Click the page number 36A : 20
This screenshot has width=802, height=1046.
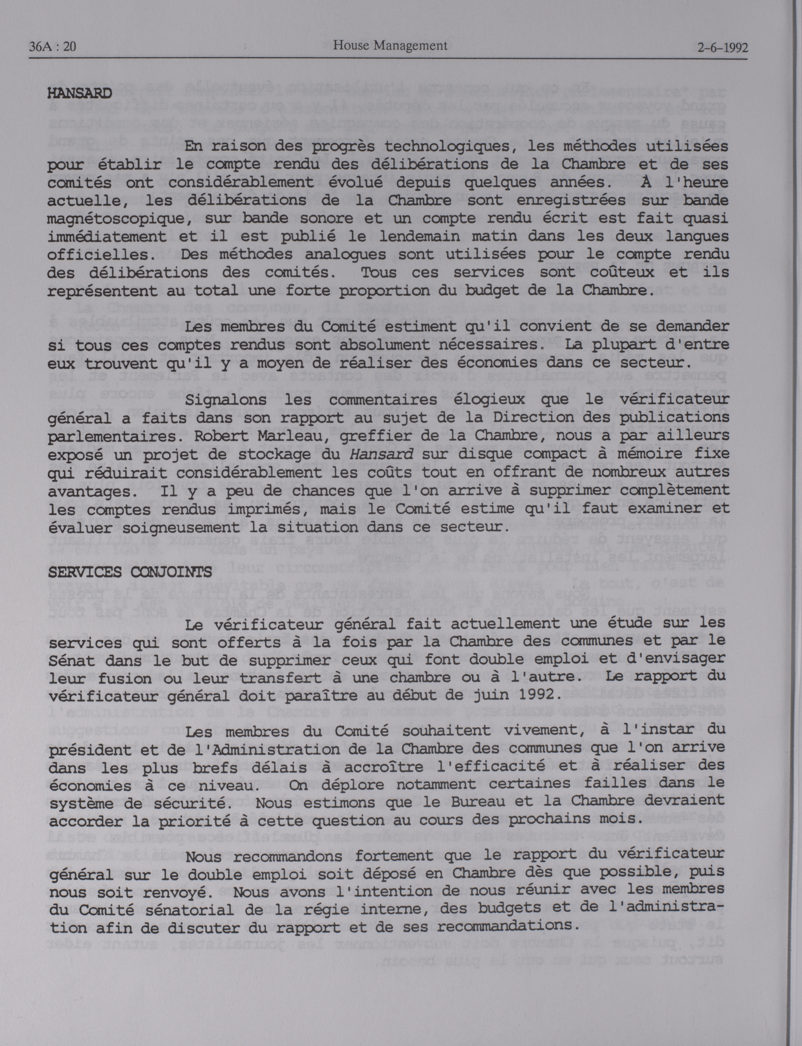(53, 47)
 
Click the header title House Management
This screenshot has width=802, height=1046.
(390, 45)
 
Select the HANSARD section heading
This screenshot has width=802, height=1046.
(80, 93)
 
